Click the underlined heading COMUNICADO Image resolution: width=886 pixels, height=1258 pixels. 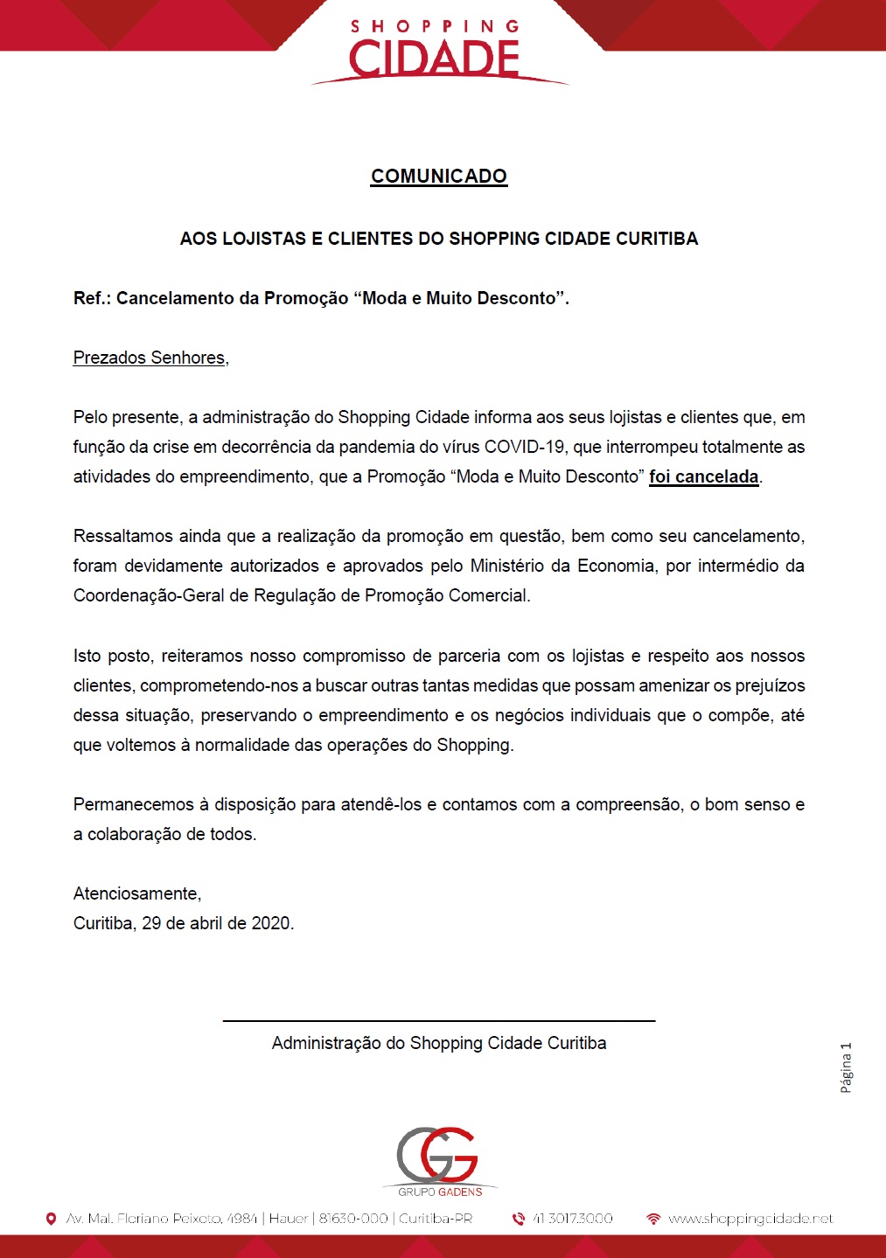coord(438,176)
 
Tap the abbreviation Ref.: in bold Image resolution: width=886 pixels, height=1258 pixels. coord(92,298)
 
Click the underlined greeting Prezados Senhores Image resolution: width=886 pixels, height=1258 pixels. coord(150,358)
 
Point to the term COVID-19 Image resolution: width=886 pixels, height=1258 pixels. coord(524,447)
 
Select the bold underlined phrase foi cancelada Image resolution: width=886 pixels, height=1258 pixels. coord(703,476)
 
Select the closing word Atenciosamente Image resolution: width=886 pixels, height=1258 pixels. coord(136,893)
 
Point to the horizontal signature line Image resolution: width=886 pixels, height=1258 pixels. coord(438,1020)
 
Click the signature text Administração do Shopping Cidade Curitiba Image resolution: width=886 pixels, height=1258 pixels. coord(438,1043)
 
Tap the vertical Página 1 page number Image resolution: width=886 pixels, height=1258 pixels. coord(846,1067)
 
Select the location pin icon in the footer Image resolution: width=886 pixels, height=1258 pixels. coord(51,1219)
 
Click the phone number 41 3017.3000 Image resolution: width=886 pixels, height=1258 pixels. coord(572,1219)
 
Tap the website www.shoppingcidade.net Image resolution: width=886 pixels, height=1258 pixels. coord(750,1219)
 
